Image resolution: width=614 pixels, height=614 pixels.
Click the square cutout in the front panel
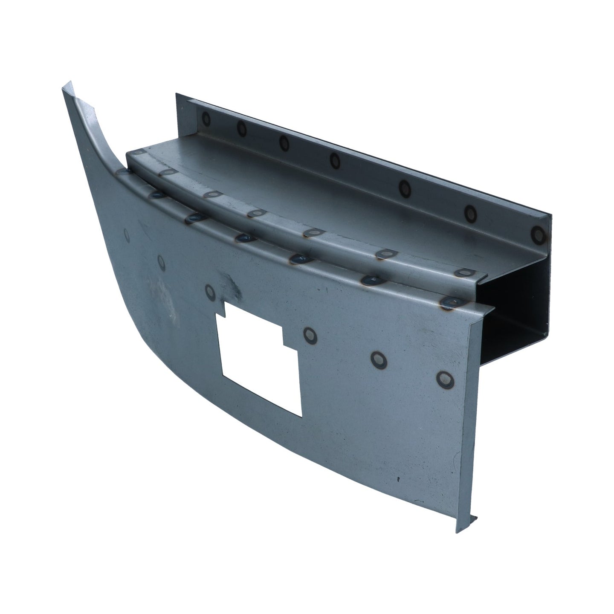(x=256, y=362)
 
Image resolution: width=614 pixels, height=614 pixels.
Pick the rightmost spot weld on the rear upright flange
(x=539, y=234)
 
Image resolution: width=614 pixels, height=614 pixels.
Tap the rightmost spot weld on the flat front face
(x=445, y=377)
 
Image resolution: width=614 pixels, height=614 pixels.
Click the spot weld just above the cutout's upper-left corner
(x=210, y=291)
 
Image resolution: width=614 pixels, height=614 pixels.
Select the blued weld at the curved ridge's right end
(x=449, y=303)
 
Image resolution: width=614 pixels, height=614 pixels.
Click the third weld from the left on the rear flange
(x=284, y=142)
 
